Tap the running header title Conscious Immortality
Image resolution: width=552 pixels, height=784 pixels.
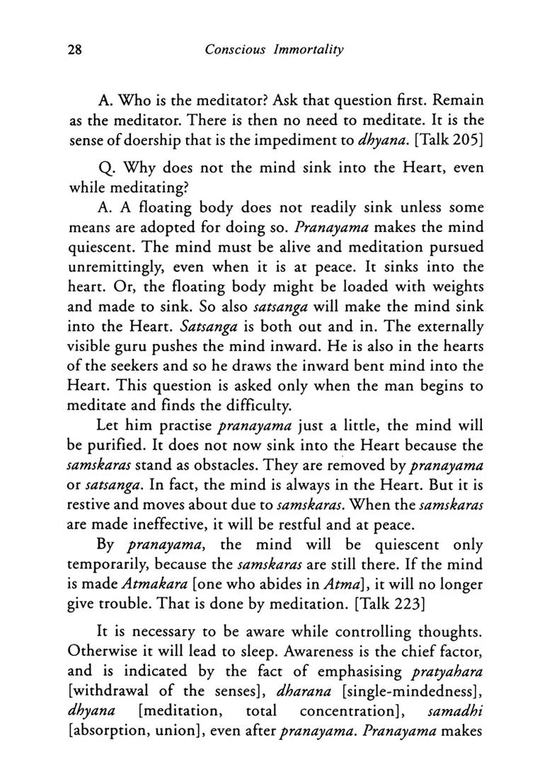pos(275,51)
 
